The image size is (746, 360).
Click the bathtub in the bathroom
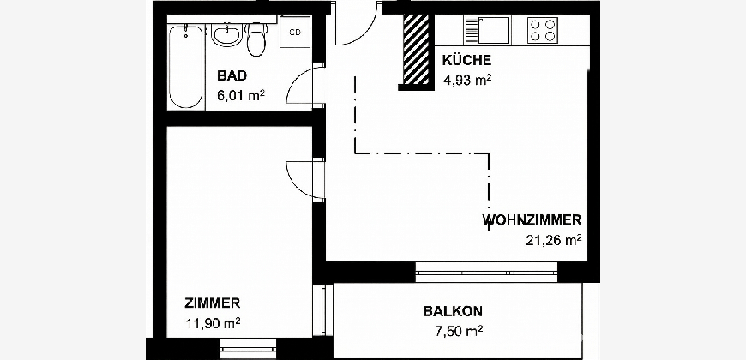[x=187, y=67]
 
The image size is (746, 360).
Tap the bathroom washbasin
[x=226, y=36]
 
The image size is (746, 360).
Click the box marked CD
[x=295, y=33]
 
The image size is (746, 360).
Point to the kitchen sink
[x=486, y=31]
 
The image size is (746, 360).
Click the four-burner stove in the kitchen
[x=543, y=31]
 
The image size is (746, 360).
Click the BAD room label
[x=232, y=75]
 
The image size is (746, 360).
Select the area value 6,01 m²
[x=241, y=95]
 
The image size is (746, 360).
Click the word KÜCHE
[x=466, y=60]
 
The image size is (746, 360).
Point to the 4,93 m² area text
[x=467, y=80]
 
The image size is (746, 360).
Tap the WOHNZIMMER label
[x=532, y=220]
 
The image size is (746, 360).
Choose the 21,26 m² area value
[x=554, y=240]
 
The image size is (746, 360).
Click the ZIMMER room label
[x=212, y=303]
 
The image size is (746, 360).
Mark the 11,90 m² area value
[x=213, y=323]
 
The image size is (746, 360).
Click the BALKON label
[x=454, y=311]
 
